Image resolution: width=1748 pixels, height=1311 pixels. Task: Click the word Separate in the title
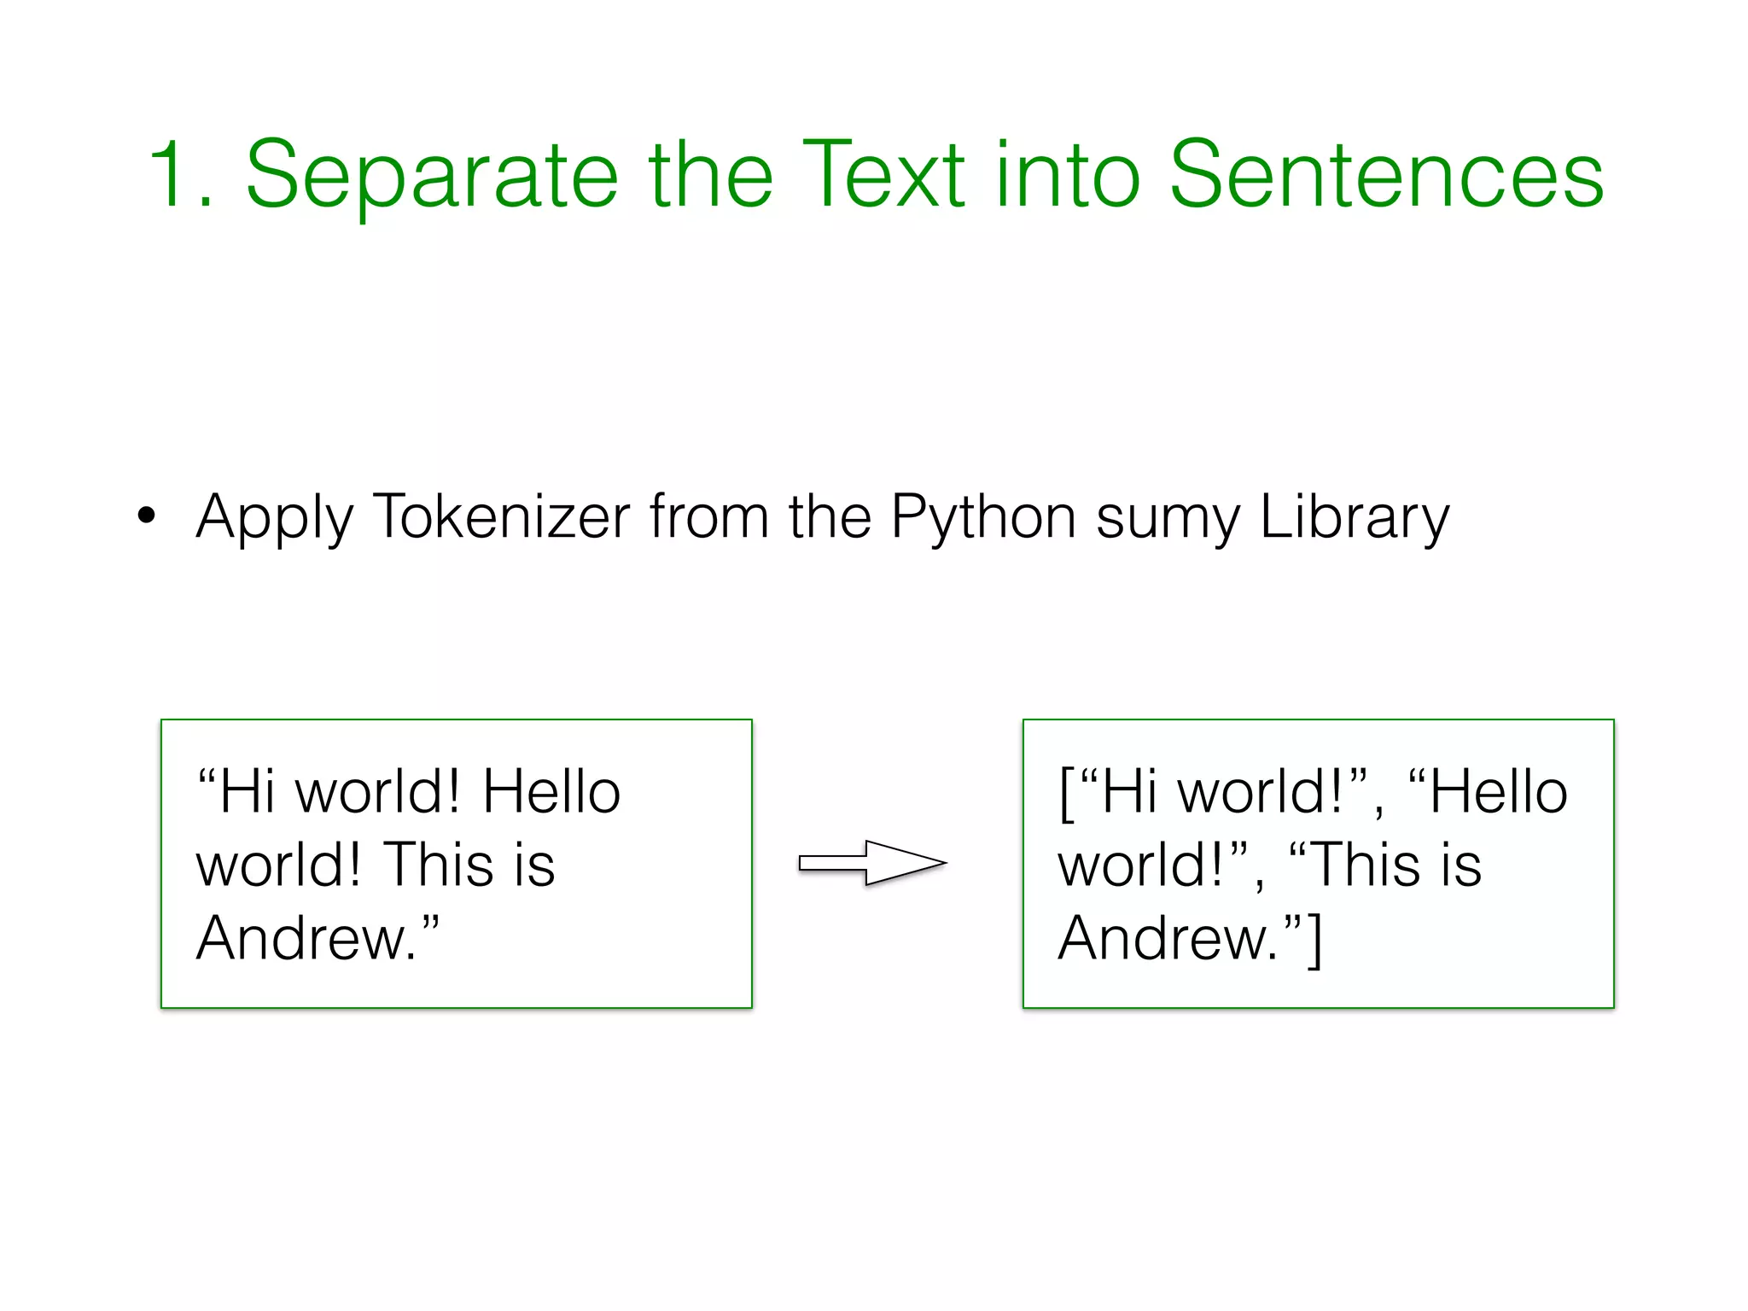(x=431, y=178)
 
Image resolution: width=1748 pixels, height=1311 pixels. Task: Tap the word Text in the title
(x=884, y=175)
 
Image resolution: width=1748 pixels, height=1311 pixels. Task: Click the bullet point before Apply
(x=147, y=516)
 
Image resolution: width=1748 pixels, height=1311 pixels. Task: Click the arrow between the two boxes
(x=872, y=863)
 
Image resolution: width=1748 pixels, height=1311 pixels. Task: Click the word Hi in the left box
(x=248, y=792)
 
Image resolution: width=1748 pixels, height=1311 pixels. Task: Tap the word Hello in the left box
(x=551, y=792)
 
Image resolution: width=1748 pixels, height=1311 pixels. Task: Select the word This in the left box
(x=439, y=865)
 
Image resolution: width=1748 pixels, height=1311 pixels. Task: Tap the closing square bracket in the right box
(x=1314, y=940)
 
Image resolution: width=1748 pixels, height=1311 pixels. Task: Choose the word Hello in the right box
(x=1499, y=792)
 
